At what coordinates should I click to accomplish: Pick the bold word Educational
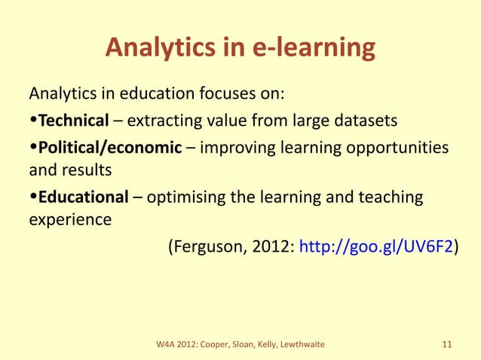point(84,197)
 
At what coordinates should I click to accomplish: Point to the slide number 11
point(446,345)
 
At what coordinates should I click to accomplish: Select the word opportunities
point(396,146)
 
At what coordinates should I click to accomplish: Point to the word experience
point(70,221)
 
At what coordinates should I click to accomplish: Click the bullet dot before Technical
point(33,121)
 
